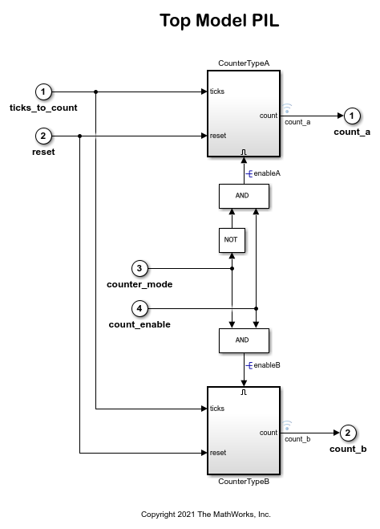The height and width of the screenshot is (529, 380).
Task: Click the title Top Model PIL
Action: [219, 22]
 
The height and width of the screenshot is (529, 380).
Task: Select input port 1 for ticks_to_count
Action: [44, 92]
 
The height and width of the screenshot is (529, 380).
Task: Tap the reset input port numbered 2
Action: [44, 136]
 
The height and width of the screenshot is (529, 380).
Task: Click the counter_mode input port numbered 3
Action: [139, 268]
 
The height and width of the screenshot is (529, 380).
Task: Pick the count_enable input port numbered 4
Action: [139, 308]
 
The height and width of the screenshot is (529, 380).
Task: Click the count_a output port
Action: [351, 116]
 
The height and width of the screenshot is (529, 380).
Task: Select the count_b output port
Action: [347, 433]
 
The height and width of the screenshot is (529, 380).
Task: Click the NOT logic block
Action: [231, 240]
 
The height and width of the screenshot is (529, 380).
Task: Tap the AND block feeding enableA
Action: [243, 196]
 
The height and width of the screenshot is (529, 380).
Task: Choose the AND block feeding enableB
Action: [243, 340]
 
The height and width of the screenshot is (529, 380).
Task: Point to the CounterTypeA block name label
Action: [244, 63]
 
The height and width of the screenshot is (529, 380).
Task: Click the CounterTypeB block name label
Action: [244, 482]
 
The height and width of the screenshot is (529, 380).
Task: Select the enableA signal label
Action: [266, 173]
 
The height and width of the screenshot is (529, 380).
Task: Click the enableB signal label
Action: [266, 365]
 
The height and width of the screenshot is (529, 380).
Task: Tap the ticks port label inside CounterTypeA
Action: [217, 92]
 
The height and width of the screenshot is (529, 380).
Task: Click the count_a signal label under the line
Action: [297, 122]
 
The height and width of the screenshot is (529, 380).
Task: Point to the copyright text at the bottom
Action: [206, 514]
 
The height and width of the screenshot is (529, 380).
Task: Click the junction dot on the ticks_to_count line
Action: [95, 92]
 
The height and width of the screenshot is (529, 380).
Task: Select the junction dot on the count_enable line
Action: [256, 308]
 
